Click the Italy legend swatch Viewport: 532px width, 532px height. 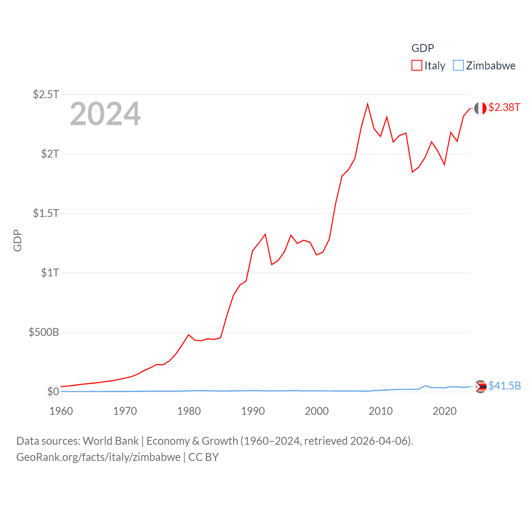[417, 66]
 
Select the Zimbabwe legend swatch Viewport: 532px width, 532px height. [458, 66]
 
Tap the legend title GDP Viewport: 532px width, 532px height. [423, 48]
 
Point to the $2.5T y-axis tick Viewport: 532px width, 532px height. [46, 94]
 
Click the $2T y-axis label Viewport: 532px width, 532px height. [50, 154]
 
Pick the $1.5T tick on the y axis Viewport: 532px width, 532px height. [46, 213]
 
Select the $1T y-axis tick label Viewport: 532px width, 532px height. [50, 273]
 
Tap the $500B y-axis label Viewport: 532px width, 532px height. [44, 332]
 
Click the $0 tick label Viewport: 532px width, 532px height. [53, 392]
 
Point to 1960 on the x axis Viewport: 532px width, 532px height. [61, 411]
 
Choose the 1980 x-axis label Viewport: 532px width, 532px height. [189, 411]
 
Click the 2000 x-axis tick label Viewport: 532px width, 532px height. [317, 411]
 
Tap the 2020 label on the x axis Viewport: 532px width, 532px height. [445, 411]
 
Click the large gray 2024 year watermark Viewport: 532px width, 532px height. [105, 114]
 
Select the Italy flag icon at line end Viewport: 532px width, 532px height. [480, 108]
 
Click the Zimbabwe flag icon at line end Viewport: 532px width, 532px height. [480, 387]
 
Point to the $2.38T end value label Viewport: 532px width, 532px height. [504, 108]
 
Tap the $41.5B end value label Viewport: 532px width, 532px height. [505, 386]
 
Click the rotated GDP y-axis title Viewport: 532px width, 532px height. [17, 241]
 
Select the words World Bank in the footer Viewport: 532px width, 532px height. [111, 441]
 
